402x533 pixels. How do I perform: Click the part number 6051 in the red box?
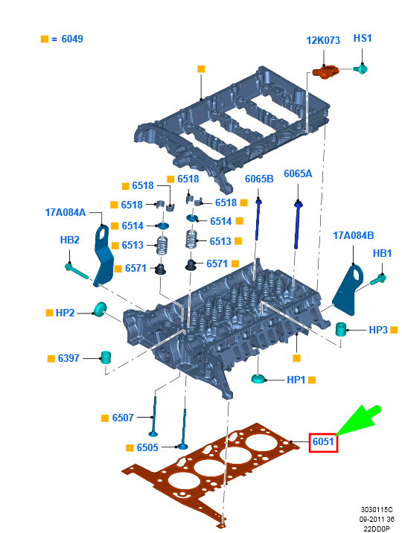pyautogui.click(x=323, y=441)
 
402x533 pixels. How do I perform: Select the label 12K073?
pyautogui.click(x=323, y=40)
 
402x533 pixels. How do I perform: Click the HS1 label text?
pyautogui.click(x=363, y=38)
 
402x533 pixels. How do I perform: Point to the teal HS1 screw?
pyautogui.click(x=360, y=69)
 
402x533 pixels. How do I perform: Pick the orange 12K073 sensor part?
pyautogui.click(x=325, y=71)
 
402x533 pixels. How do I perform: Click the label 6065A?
pyautogui.click(x=298, y=173)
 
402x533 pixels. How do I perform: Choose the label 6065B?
pyautogui.click(x=259, y=179)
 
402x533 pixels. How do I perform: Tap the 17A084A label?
pyautogui.click(x=66, y=212)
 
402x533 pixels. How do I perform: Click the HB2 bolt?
pyautogui.click(x=76, y=271)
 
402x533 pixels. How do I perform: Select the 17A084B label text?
pyautogui.click(x=354, y=235)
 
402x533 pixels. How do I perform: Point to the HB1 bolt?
pyautogui.click(x=378, y=279)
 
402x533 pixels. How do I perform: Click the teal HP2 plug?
pyautogui.click(x=100, y=309)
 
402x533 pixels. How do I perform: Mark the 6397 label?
pyautogui.click(x=68, y=358)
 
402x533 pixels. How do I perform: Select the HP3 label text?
pyautogui.click(x=378, y=330)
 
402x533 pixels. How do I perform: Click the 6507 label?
pyautogui.click(x=123, y=418)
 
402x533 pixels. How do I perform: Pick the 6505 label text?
pyautogui.click(x=147, y=447)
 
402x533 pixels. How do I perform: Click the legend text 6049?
pyautogui.click(x=72, y=39)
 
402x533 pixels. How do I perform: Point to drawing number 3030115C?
pyautogui.click(x=377, y=509)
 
